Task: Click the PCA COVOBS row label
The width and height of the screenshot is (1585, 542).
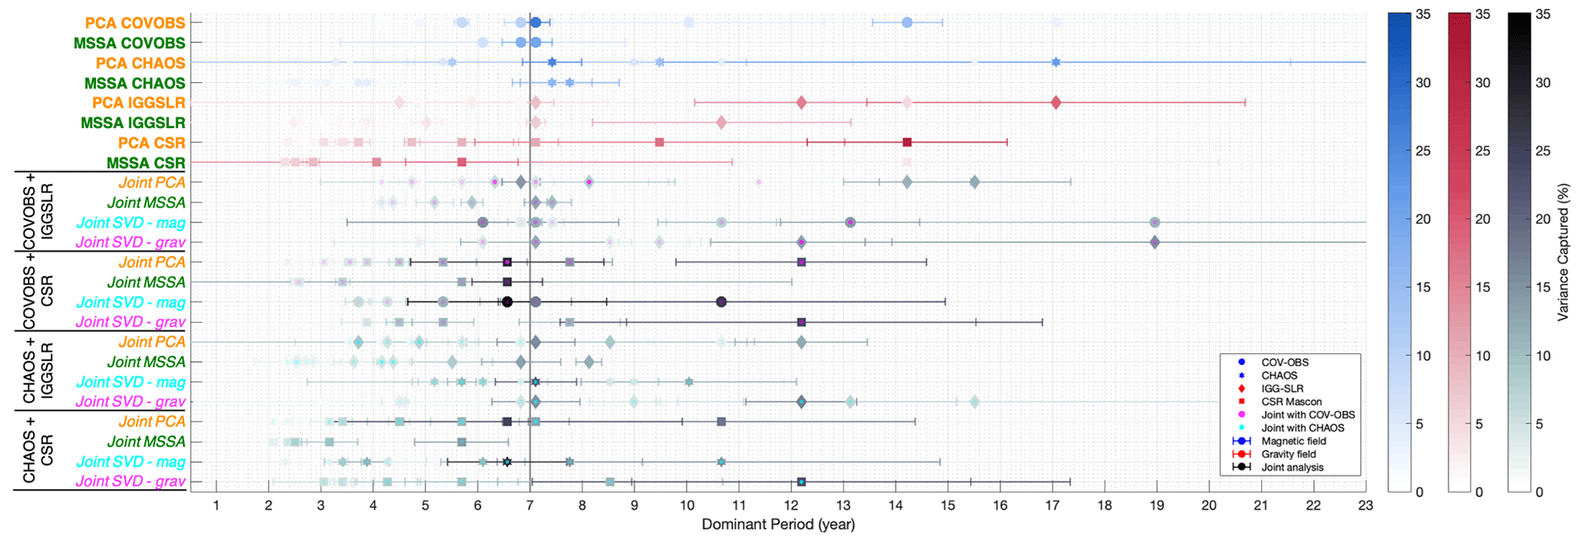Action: click(135, 23)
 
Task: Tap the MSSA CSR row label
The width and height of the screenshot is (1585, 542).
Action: click(146, 163)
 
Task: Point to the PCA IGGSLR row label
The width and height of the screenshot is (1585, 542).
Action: click(139, 103)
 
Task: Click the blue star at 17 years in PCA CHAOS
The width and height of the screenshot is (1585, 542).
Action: click(1056, 62)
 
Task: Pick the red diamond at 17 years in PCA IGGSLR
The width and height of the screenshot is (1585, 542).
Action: click(1056, 103)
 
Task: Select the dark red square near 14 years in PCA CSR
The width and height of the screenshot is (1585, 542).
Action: click(907, 143)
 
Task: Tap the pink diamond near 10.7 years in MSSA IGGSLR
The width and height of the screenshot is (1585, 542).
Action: click(721, 123)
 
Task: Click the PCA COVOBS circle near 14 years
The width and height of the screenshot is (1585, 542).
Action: click(907, 23)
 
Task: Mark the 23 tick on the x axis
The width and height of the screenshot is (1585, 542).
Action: click(1366, 506)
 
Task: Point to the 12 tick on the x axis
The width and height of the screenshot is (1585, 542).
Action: click(791, 506)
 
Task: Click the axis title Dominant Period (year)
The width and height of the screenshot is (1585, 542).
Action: click(778, 525)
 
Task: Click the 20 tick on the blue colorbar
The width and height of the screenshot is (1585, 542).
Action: click(1422, 219)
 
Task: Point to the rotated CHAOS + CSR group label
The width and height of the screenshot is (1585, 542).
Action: click(38, 451)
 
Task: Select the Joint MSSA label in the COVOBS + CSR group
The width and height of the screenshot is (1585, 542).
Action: click(146, 282)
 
